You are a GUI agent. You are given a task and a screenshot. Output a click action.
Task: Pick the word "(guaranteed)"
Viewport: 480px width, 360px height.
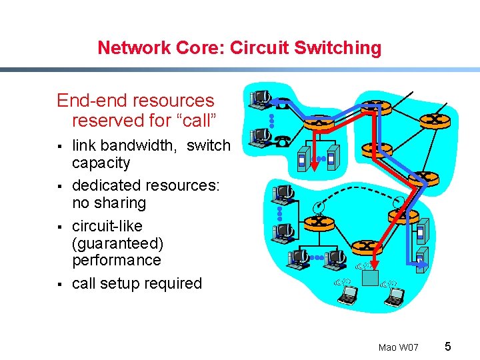pyautogui.click(x=117, y=243)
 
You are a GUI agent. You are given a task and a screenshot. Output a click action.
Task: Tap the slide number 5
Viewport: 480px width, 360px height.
pyautogui.click(x=448, y=346)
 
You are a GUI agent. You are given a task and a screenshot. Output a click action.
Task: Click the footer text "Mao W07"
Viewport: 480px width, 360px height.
pyautogui.click(x=398, y=347)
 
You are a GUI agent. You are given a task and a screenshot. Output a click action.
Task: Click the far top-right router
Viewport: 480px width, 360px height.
pyautogui.click(x=435, y=119)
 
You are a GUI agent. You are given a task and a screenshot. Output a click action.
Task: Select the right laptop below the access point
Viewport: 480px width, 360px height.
pyautogui.click(x=393, y=296)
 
